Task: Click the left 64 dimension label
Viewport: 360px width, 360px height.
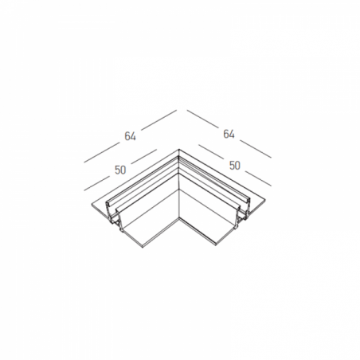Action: tap(130, 136)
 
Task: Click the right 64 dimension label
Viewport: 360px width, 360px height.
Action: tap(229, 134)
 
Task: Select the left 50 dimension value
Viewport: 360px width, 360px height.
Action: tap(120, 170)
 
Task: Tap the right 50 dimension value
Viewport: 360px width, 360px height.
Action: tap(235, 166)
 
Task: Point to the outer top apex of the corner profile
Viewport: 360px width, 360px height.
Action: tap(179, 149)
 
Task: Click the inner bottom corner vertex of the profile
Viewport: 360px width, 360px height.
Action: tap(179, 218)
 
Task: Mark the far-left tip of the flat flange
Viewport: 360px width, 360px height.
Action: tap(92, 205)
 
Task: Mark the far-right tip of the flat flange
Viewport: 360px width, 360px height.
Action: tap(265, 198)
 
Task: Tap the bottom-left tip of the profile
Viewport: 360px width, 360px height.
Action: tap(143, 248)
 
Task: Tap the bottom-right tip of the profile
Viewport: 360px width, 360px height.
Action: tap(217, 245)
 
